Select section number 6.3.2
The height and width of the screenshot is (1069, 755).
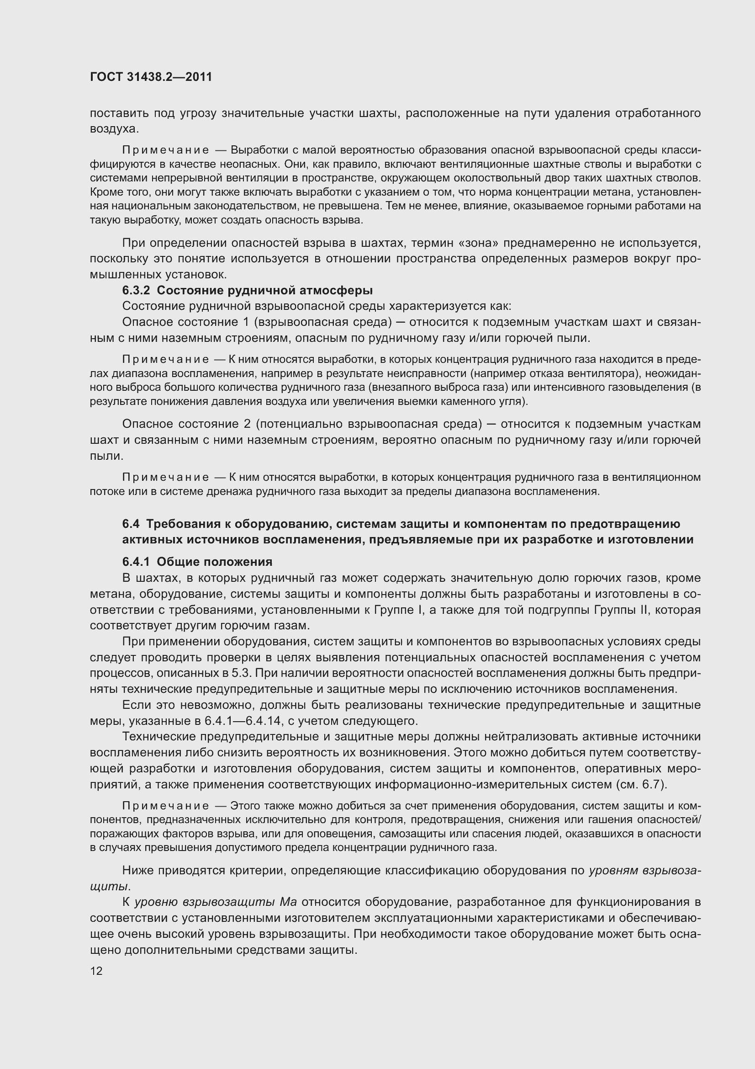click(x=136, y=291)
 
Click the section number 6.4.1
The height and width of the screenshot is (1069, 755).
click(x=136, y=562)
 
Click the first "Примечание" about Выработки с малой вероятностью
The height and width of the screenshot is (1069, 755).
click(x=165, y=150)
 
